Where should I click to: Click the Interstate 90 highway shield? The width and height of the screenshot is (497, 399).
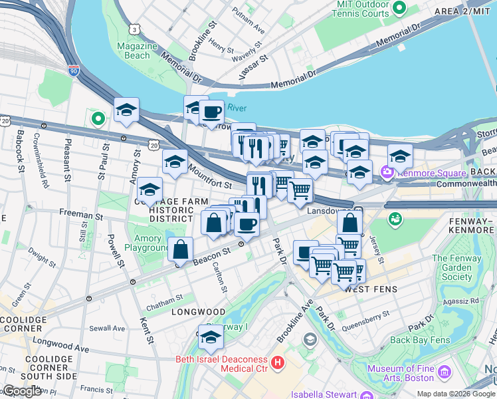click(72, 70)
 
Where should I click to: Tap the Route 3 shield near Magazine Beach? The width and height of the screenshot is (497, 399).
click(135, 30)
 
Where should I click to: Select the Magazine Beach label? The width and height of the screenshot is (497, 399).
click(137, 51)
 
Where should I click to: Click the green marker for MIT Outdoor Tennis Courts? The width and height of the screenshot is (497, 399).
click(399, 8)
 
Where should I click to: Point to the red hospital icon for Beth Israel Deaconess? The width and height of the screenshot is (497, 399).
click(278, 364)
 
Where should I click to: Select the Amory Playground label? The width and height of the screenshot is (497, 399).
click(148, 243)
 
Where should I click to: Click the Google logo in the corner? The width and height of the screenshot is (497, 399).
click(22, 391)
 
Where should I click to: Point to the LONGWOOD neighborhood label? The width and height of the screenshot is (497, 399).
click(199, 311)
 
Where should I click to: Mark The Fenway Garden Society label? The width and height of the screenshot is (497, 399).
click(456, 267)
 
